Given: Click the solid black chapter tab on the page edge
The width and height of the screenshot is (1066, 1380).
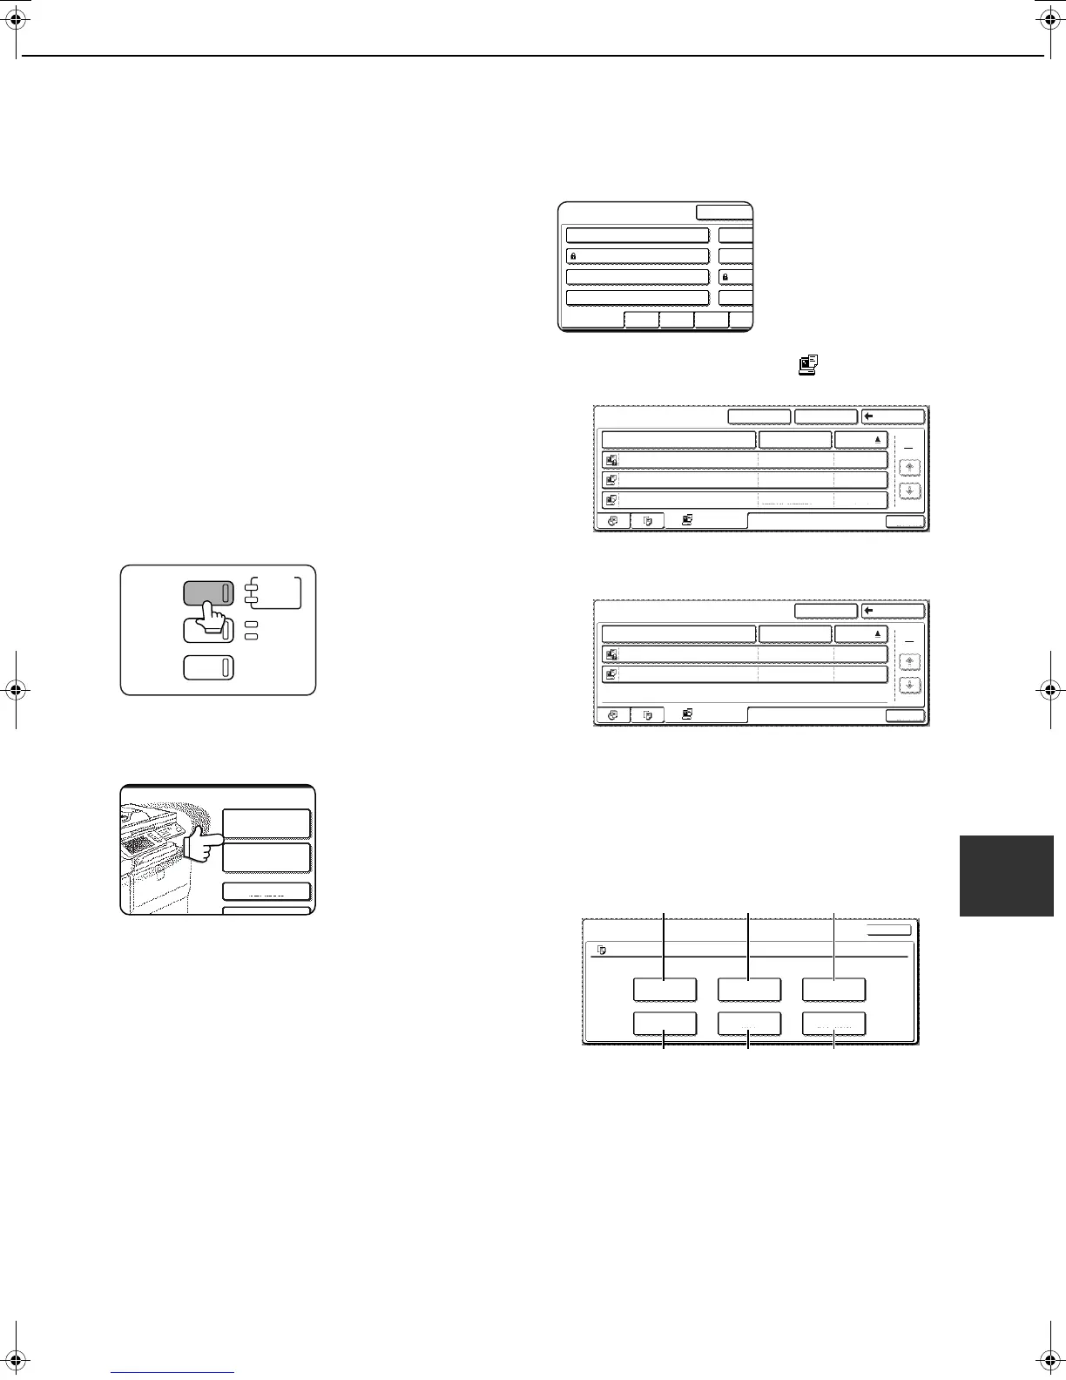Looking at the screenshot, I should point(1007,876).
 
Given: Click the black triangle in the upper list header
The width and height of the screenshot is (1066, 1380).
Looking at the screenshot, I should point(878,440).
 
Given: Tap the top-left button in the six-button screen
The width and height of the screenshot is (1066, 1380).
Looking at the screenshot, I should point(665,990).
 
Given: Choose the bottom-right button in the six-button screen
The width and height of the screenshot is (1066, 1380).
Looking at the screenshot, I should point(833,1025).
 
